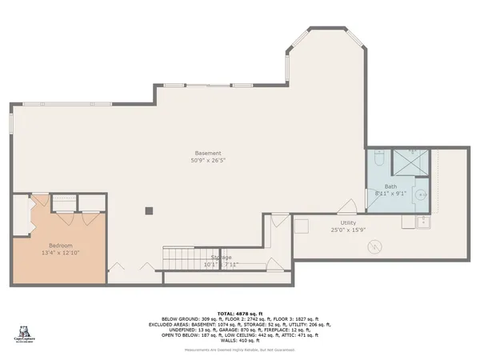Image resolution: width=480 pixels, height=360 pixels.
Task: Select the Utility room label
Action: [348, 223]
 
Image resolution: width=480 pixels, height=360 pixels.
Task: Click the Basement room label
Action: [207, 153]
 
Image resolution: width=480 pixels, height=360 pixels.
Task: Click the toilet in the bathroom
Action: [380, 158]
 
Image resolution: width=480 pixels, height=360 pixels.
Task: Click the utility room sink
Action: [421, 222]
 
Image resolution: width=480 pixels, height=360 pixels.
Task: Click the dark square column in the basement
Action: [149, 211]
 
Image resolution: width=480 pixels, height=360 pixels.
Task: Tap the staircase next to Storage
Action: [180, 258]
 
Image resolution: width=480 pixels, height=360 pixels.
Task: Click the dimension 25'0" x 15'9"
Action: [348, 230]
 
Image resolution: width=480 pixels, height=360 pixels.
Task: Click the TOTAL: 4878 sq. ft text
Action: [240, 312]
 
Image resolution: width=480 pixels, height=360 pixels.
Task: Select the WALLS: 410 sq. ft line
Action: [240, 341]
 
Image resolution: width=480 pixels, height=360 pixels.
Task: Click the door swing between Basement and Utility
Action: [346, 206]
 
